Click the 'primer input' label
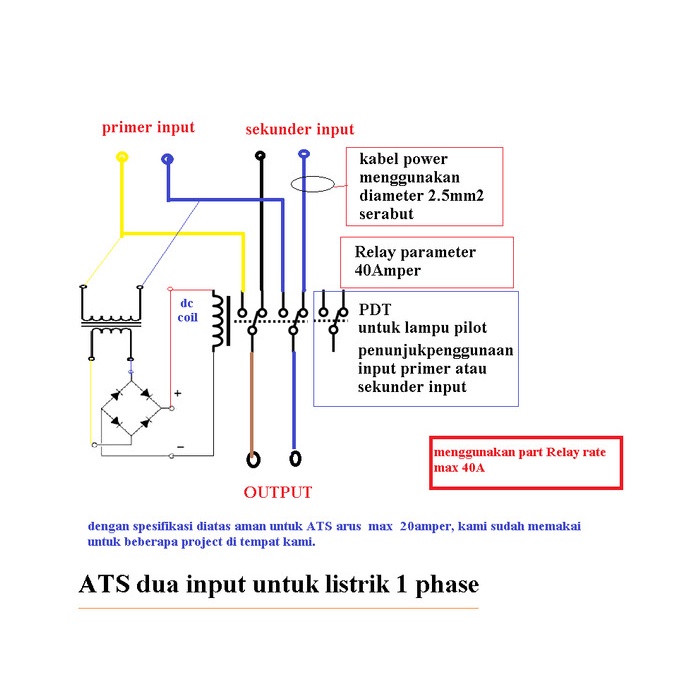pyautogui.click(x=148, y=128)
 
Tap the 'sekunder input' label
pyautogui.click(x=300, y=130)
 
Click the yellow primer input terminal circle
pyautogui.click(x=122, y=157)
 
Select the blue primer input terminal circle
pyautogui.click(x=167, y=158)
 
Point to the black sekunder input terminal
pyautogui.click(x=260, y=155)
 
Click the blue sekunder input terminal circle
pyautogui.click(x=305, y=154)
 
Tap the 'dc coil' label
pyautogui.click(x=188, y=310)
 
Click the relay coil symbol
pyautogui.click(x=217, y=323)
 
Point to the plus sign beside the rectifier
pyautogui.click(x=177, y=394)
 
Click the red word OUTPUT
pyautogui.click(x=278, y=492)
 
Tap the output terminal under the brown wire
pyautogui.click(x=253, y=459)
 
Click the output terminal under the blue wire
pyautogui.click(x=294, y=459)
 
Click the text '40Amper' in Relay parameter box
pyautogui.click(x=387, y=270)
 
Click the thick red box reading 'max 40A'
pyautogui.click(x=526, y=462)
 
